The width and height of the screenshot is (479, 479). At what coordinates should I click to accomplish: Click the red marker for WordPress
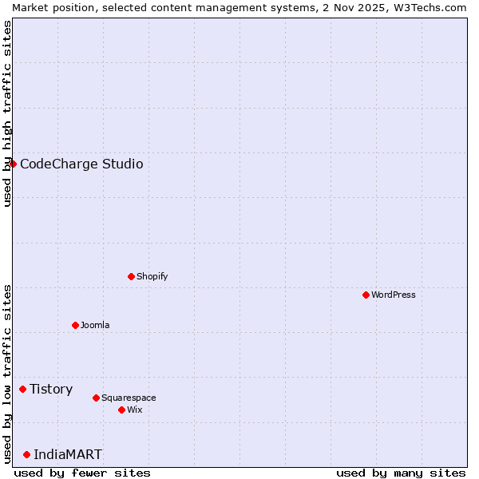coord(366,295)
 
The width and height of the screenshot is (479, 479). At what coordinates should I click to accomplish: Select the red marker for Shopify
coord(131,276)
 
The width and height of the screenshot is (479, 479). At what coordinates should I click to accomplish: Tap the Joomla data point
coord(75,325)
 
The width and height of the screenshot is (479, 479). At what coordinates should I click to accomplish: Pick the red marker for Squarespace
coord(96,398)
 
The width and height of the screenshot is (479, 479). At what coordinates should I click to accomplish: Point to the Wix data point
coord(121,410)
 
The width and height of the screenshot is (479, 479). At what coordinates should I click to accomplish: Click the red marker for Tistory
coord(22,389)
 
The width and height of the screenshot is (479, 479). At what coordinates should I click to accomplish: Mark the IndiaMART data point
coord(26,454)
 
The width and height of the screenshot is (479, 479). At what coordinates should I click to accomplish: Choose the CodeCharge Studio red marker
coord(13,164)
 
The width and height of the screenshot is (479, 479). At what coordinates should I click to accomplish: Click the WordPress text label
coord(394,295)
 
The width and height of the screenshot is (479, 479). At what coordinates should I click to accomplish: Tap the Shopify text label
coord(152,276)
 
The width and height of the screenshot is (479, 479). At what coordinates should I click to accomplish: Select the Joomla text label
coord(95,325)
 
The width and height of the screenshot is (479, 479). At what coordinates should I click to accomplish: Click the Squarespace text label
coord(129,398)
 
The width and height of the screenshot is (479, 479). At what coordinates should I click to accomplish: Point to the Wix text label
coord(135,410)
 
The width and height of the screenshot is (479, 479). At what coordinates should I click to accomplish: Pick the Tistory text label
coord(51,389)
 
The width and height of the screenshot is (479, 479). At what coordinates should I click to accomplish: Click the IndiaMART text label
coord(68,454)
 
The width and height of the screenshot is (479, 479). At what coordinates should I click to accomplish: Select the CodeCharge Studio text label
coord(81,164)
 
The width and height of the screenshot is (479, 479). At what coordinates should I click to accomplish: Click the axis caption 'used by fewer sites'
coord(82,473)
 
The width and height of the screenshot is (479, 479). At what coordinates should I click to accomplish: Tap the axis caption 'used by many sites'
coord(401,473)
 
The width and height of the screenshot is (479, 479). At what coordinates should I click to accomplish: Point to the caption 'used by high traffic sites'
coord(7,113)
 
